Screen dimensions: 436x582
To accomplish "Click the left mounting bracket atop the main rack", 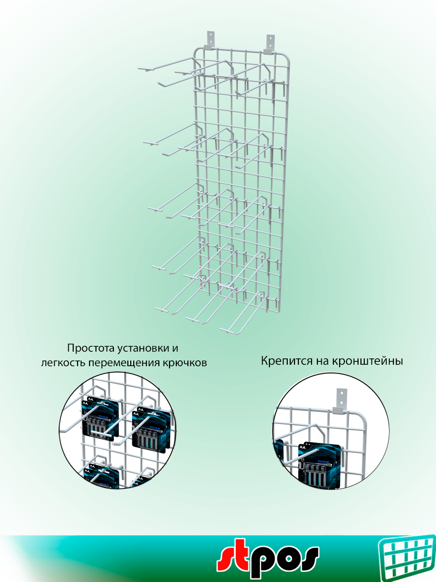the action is click(210, 39).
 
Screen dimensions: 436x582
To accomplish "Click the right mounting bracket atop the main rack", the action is click(269, 42).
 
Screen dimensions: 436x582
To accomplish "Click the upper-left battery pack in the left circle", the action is click(99, 418).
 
